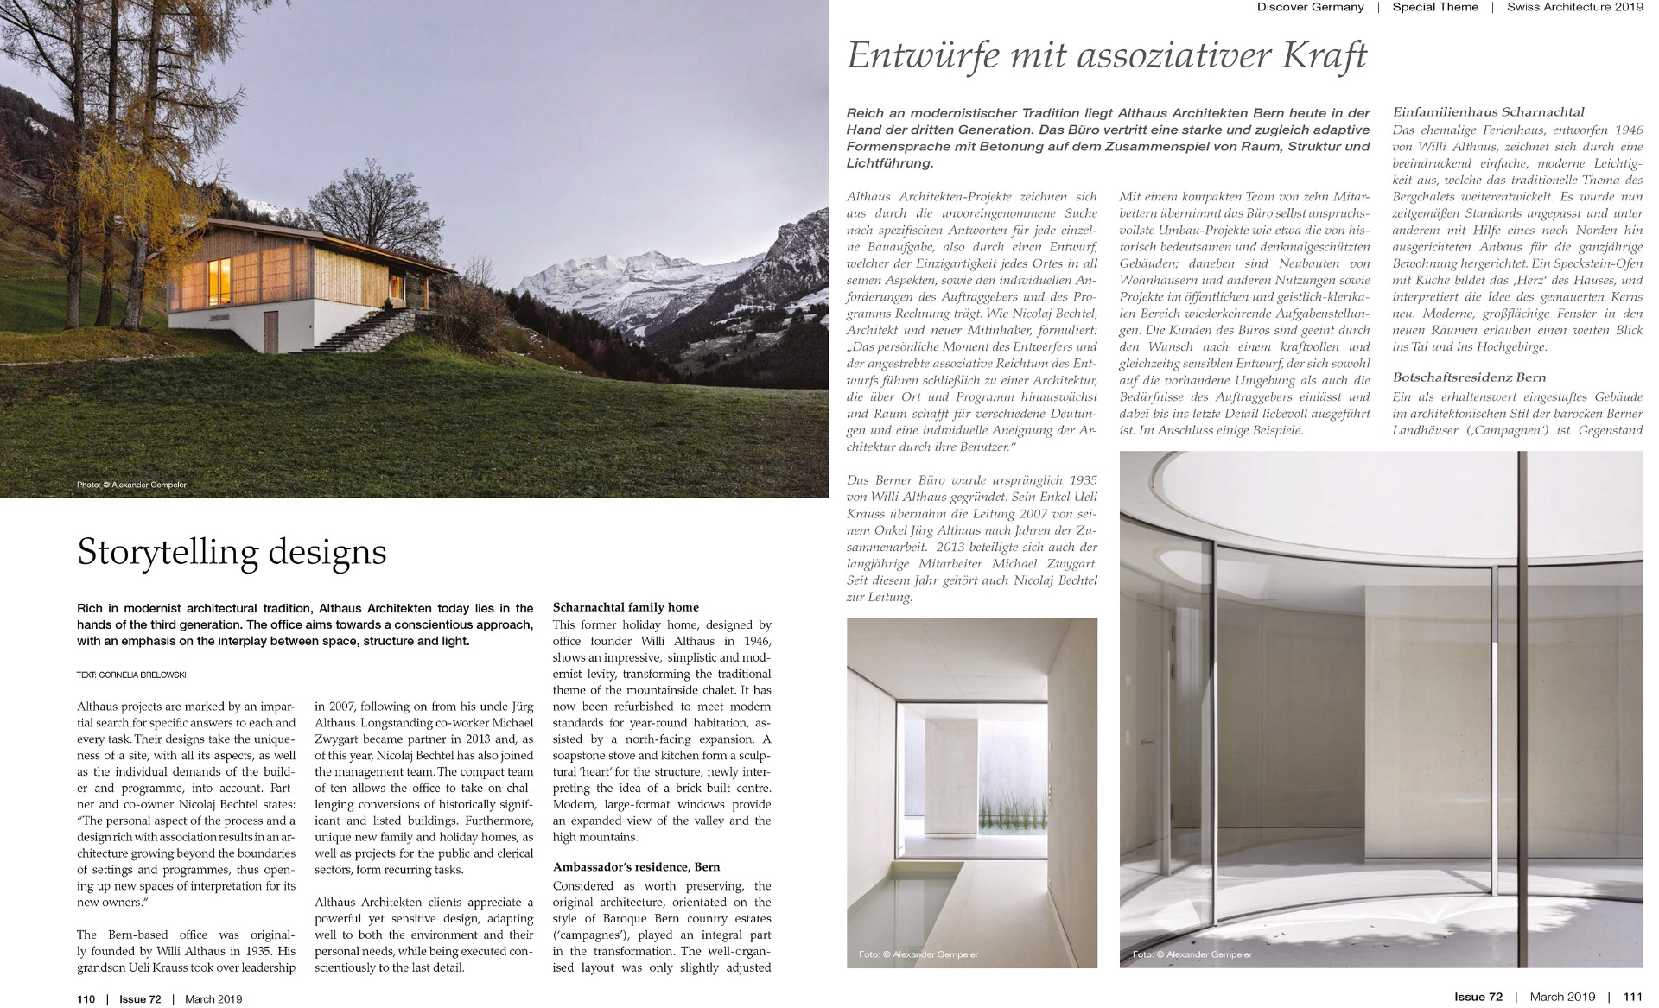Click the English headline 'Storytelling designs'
click(232, 552)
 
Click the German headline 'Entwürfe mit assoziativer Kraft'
click(1107, 56)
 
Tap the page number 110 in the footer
click(86, 999)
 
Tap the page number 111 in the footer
click(1632, 997)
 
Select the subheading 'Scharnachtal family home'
click(626, 607)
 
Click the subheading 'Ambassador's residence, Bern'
click(636, 866)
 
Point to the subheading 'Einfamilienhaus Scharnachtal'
click(1489, 112)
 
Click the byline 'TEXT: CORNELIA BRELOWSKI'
click(130, 675)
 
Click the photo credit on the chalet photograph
click(131, 485)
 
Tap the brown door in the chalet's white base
click(270, 325)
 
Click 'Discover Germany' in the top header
click(1310, 7)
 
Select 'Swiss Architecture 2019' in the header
click(1574, 7)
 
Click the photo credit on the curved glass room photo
click(1192, 954)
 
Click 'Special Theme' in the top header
click(1435, 7)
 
